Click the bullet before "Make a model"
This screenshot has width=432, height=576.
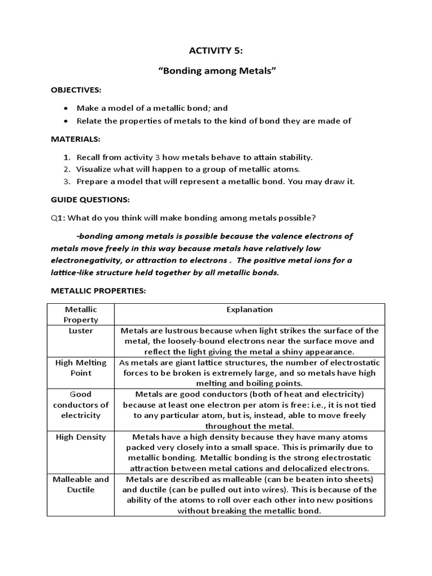67,108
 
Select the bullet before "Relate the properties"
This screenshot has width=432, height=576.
67,121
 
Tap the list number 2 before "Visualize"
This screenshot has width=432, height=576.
66,169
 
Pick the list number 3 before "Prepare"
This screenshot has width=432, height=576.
66,181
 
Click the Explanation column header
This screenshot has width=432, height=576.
249,309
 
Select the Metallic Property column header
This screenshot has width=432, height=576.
82,314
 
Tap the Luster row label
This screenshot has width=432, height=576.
82,331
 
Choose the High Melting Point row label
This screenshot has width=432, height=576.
82,368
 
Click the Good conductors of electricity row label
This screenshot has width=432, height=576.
82,404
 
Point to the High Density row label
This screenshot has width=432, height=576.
82,436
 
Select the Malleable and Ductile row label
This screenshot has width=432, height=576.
82,484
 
